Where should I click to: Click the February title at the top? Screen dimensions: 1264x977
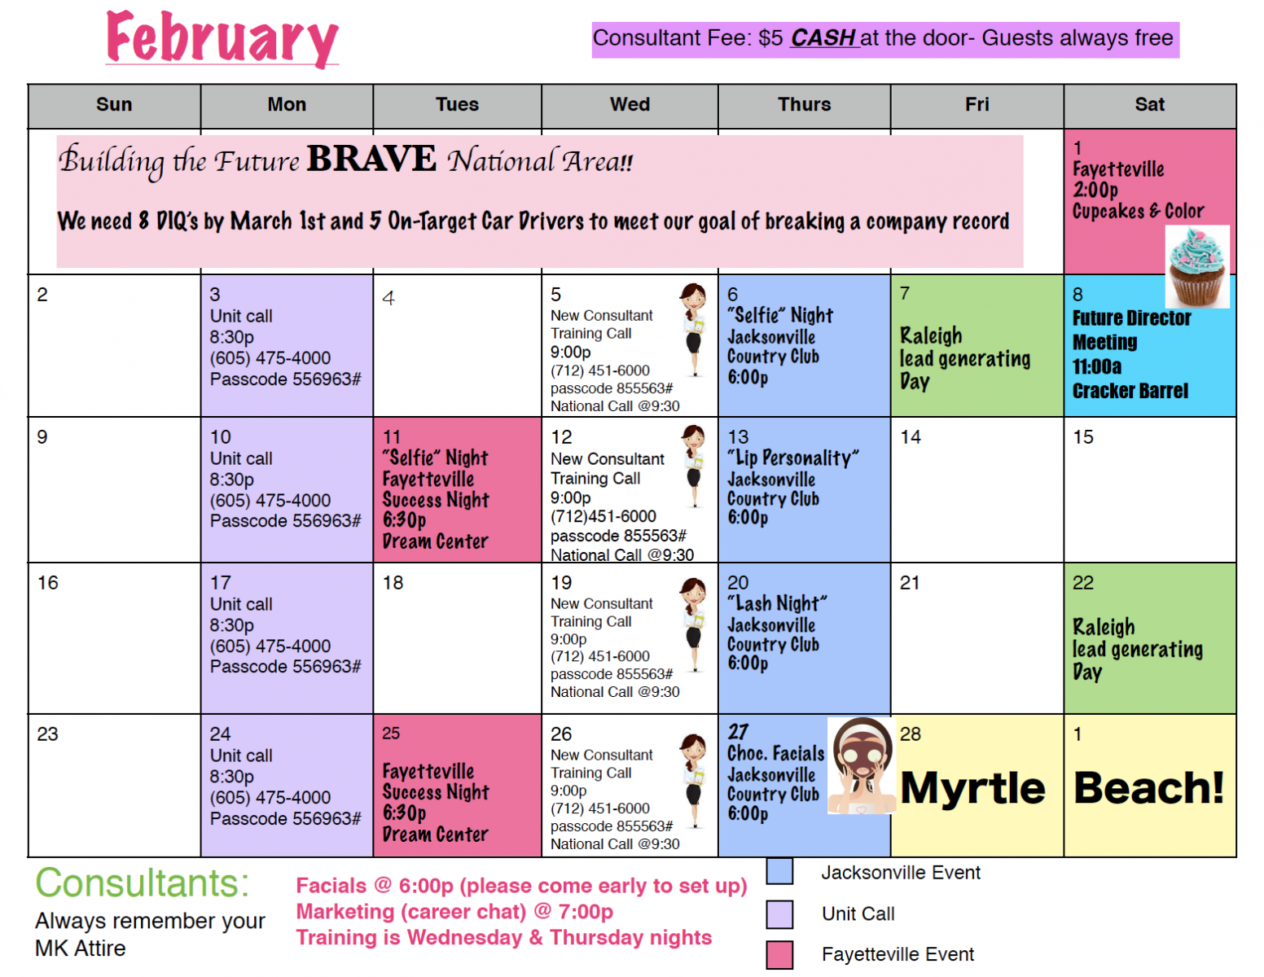222,40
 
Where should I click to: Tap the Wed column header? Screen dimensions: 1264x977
630,104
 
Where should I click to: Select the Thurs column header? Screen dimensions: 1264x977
804,104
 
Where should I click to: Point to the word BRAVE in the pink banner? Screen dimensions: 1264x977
371,159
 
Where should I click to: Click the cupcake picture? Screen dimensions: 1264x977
1197,266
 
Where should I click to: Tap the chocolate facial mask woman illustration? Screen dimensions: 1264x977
862,765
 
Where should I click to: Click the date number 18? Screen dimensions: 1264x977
393,582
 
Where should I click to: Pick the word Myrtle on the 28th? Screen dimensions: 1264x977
972,788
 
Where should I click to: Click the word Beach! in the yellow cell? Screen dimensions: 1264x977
1149,788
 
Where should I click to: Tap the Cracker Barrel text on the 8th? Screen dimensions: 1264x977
1130,391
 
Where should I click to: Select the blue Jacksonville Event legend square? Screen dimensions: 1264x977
779,871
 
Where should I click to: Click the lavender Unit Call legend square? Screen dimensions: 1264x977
779,914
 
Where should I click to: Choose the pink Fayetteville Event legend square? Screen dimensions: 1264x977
779,955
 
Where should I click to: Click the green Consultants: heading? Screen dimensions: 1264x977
142,883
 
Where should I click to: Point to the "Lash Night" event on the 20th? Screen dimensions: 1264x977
776,604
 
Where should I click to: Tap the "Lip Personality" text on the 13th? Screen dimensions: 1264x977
792,458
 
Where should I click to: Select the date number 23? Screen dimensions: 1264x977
48,734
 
